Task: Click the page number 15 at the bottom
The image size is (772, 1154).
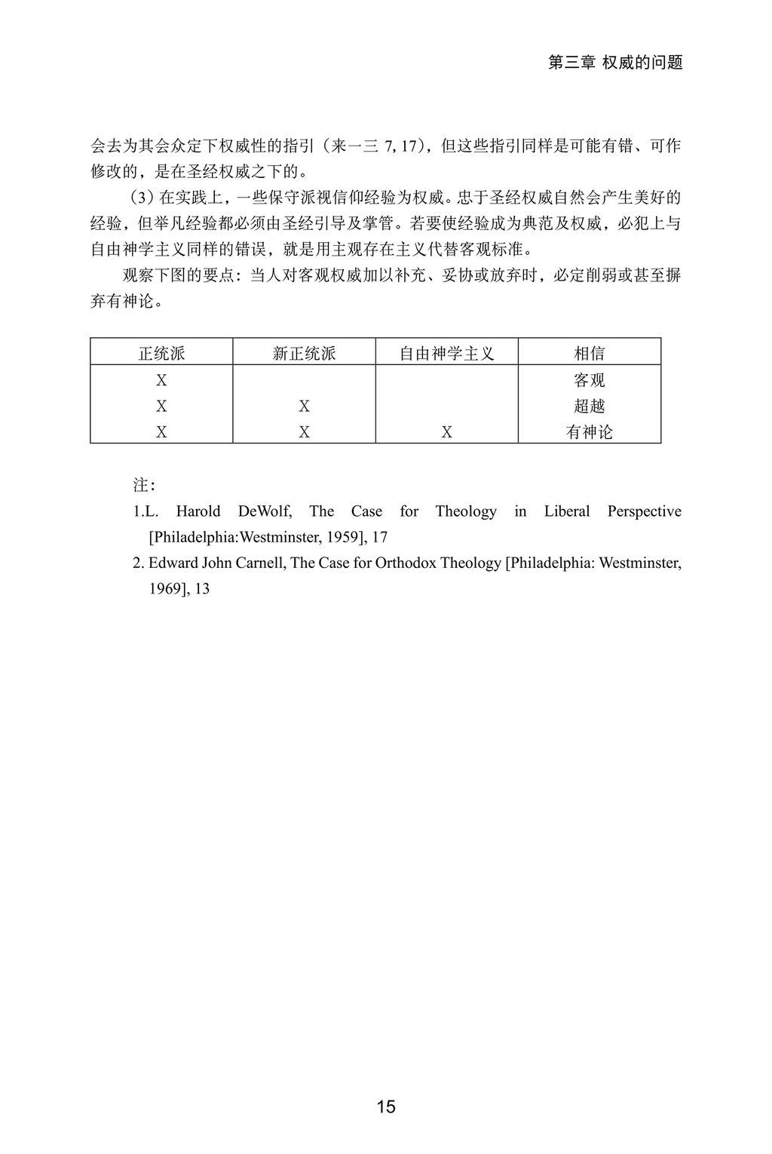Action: click(386, 1106)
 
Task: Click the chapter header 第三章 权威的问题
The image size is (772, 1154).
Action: click(614, 63)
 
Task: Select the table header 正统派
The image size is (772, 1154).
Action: click(161, 353)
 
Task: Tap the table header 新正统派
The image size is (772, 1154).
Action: click(304, 353)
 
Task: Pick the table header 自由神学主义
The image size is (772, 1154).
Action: click(446, 353)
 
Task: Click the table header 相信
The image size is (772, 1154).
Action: click(589, 353)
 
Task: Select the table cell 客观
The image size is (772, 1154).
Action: click(589, 380)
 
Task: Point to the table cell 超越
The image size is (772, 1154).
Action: click(589, 406)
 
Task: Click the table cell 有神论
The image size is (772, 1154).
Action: click(589, 431)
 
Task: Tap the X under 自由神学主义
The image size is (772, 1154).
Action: click(446, 432)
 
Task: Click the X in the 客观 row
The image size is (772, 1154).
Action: click(161, 380)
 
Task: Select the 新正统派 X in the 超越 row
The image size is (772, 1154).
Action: click(304, 407)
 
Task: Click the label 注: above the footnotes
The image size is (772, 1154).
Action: click(144, 484)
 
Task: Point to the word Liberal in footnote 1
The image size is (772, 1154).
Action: click(567, 511)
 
